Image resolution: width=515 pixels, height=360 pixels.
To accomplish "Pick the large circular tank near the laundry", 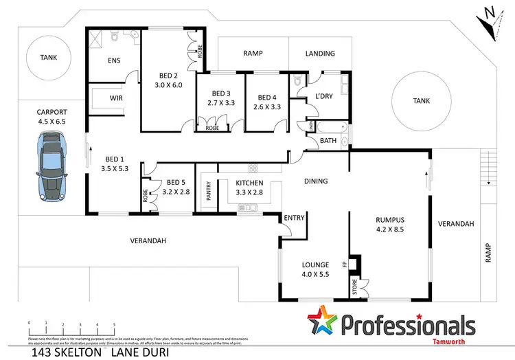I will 421,101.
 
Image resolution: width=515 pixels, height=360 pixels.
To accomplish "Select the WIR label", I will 116,98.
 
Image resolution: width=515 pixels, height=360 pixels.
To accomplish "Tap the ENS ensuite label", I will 114,60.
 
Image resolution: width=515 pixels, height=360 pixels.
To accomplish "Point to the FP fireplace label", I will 345,262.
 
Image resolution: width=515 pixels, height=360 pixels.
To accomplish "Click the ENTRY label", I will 294,218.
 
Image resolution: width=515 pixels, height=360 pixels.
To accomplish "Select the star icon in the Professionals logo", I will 323,325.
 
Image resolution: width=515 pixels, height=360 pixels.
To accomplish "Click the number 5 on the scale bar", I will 114,323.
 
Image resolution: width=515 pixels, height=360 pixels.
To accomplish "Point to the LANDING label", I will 320,53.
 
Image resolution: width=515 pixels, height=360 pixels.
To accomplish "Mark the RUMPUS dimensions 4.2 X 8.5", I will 389,231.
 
